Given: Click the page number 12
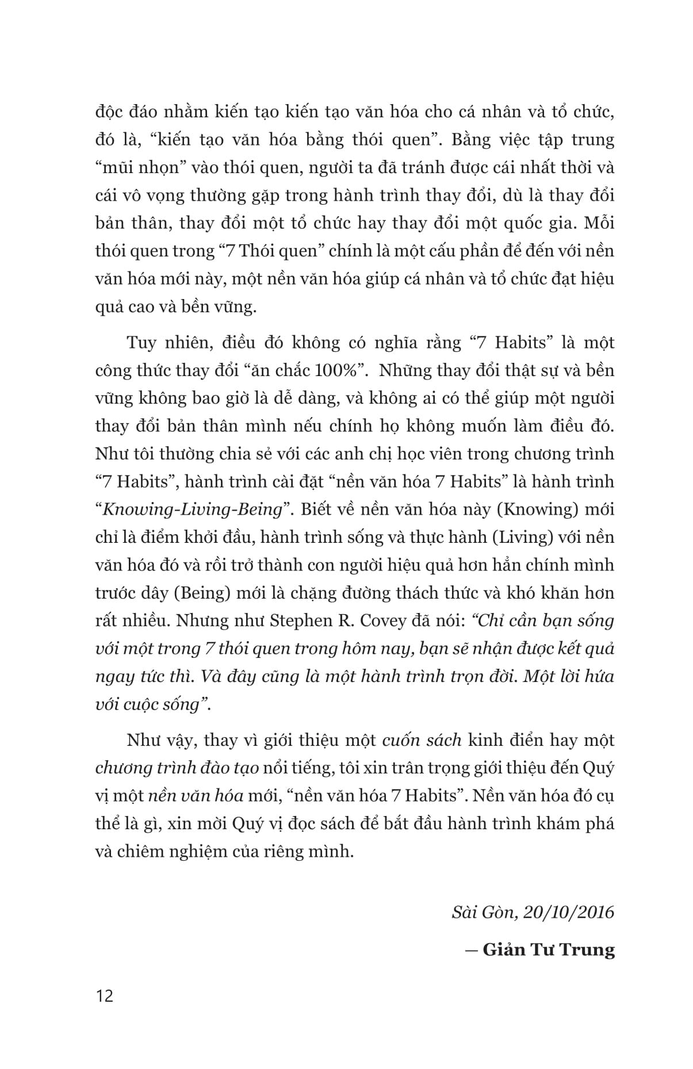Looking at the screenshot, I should click(105, 995).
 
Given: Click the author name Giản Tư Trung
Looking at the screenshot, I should click(548, 949).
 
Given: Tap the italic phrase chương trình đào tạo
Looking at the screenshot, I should click(177, 768).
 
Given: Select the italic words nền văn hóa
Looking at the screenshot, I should click(196, 796).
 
